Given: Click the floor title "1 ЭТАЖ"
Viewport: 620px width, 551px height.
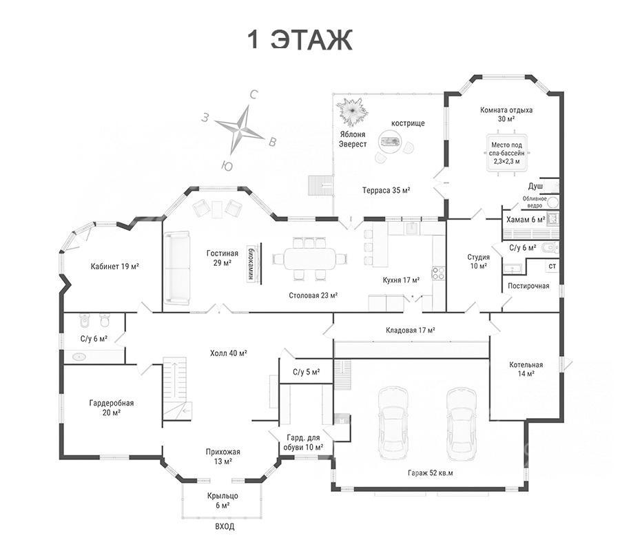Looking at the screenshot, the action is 300,39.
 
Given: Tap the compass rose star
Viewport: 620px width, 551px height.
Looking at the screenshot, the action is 240,129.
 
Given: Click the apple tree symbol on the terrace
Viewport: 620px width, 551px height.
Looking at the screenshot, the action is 352,111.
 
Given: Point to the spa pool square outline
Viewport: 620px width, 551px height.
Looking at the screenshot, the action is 506,153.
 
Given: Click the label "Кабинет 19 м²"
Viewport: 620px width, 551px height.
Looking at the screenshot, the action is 114,267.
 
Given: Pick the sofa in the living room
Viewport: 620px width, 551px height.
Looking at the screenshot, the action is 177,269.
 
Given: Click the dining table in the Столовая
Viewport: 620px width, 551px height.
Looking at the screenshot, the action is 310,259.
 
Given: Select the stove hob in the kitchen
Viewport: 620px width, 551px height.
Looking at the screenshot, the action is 439,273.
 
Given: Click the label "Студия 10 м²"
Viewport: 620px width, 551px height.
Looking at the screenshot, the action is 479,262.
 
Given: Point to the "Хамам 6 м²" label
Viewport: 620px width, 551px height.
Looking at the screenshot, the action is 526,220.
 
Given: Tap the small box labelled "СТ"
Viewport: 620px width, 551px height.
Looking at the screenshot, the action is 552,266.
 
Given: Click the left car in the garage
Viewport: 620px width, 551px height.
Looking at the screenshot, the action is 393,422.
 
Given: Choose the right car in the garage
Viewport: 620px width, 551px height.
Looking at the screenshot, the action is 462,422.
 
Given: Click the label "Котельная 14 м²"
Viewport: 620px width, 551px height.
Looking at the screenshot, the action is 526,368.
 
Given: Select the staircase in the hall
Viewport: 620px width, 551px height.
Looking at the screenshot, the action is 174,388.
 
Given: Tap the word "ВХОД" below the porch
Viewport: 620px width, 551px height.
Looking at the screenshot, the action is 225,526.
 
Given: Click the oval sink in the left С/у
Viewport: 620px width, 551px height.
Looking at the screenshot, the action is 79,357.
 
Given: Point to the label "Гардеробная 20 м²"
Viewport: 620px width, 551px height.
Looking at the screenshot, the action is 111,408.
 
